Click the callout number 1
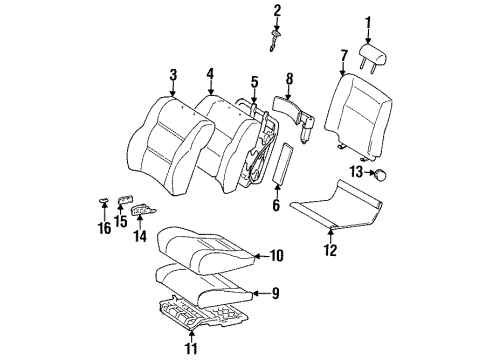click(x=367, y=21)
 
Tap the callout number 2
click(x=278, y=11)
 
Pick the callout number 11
click(x=190, y=349)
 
